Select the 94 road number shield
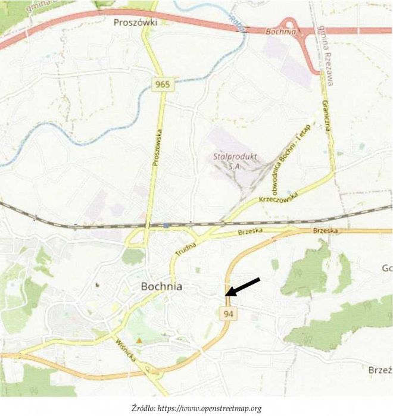tap(228, 313)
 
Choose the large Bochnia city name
tap(161, 286)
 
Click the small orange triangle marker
tap(139, 340)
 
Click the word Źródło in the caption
tap(144, 408)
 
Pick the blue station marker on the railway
tap(166, 226)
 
